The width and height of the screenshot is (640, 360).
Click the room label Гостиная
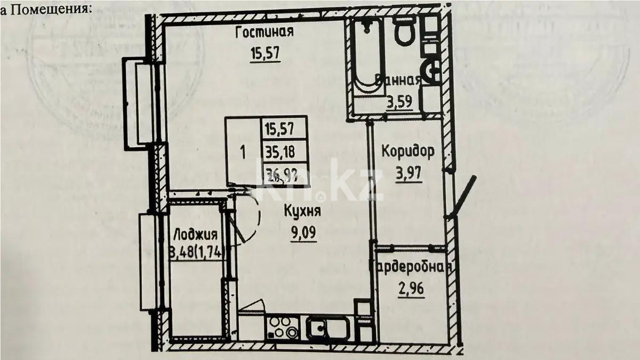(265, 33)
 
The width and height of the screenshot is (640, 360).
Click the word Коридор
(407, 151)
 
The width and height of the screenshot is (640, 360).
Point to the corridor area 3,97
(409, 173)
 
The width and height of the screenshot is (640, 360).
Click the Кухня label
(302, 211)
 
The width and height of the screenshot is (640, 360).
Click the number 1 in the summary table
(243, 151)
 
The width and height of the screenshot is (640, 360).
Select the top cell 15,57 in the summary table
(285, 128)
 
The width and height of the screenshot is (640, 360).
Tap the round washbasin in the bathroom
(432, 69)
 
